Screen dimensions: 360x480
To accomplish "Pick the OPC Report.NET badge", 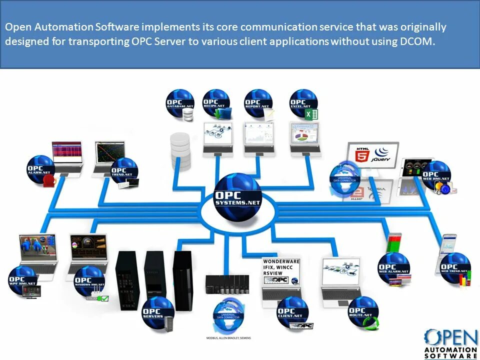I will (258, 103).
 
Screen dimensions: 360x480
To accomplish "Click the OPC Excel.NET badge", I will (303, 103).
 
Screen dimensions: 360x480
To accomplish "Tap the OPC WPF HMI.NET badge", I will (23, 280).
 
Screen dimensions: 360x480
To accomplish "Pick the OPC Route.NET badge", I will (362, 310).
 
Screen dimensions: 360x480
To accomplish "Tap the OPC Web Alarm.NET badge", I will (393, 267).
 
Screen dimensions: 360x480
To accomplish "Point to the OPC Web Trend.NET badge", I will (455, 267).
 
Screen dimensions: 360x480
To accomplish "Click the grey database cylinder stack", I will (180, 150).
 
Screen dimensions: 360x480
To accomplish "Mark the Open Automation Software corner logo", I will (450, 343).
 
